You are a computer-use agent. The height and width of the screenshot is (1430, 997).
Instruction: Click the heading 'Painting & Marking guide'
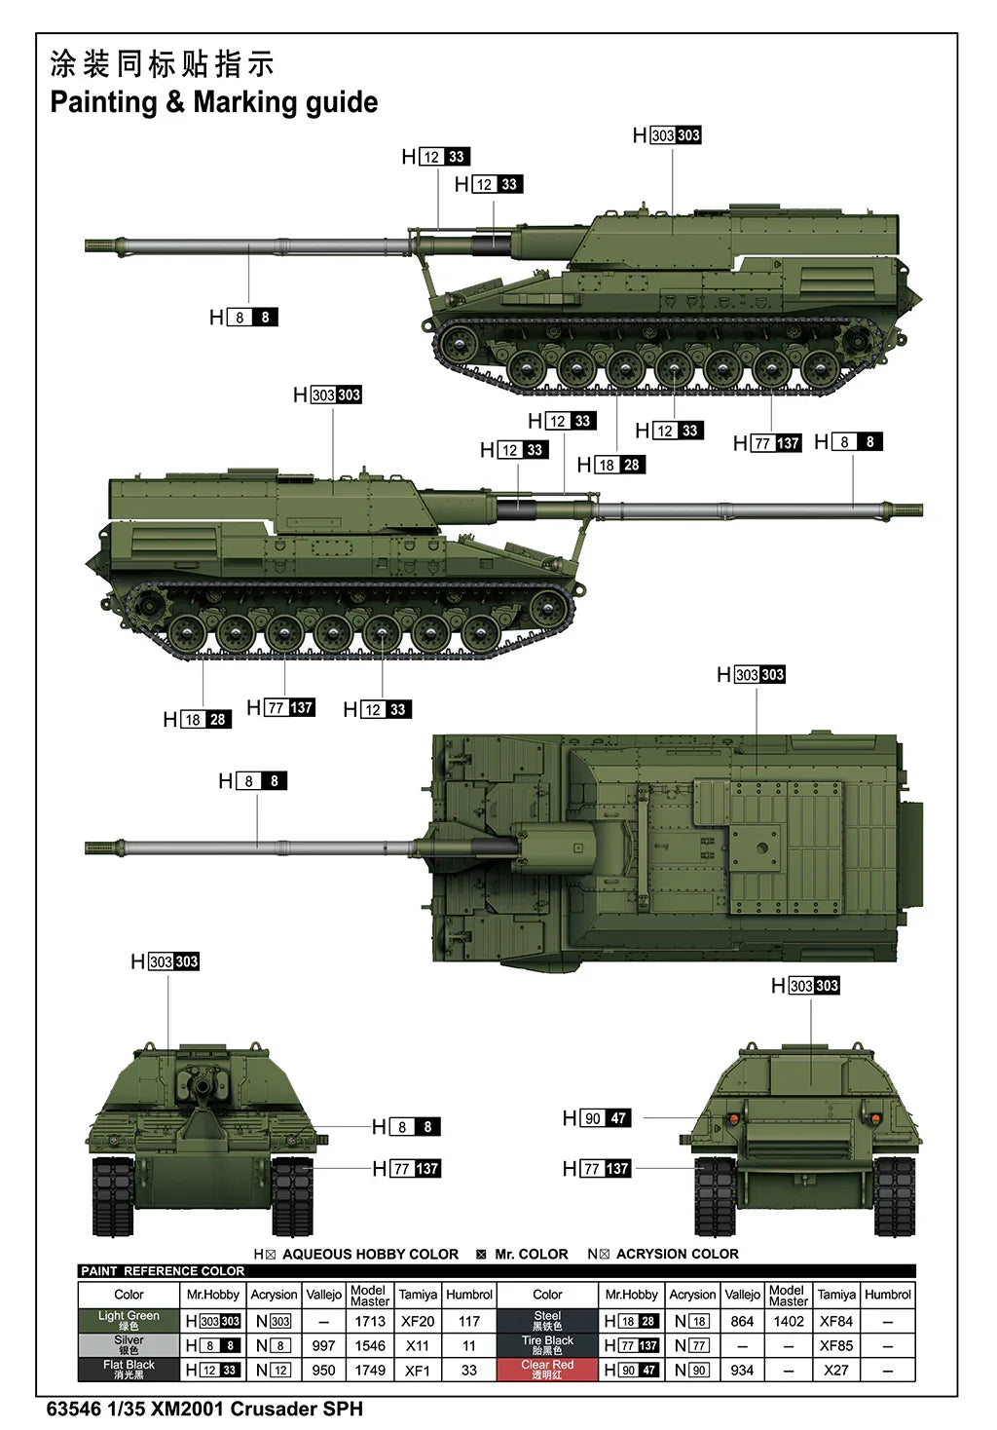(x=213, y=102)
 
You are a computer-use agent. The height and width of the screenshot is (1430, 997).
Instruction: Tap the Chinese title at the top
(x=162, y=64)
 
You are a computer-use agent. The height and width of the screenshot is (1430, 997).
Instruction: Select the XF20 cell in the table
(x=418, y=1321)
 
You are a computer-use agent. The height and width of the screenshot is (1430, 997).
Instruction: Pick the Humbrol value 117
(x=469, y=1321)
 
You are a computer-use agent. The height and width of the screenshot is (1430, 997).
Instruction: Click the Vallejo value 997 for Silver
(x=323, y=1345)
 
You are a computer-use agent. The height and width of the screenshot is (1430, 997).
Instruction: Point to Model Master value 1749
(x=370, y=1370)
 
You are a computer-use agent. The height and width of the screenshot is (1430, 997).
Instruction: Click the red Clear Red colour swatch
(x=547, y=1370)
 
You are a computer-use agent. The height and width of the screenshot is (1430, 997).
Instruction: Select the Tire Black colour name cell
(x=547, y=1345)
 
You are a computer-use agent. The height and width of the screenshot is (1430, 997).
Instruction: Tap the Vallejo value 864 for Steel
(x=742, y=1321)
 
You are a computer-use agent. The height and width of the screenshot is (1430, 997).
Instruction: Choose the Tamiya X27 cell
(x=836, y=1370)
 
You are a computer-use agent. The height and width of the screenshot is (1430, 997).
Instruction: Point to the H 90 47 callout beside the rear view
(x=597, y=1118)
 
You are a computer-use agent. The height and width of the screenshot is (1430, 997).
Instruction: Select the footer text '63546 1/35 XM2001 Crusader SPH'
(x=204, y=1409)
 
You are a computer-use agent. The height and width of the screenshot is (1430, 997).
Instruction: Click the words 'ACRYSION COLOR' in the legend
(x=677, y=1254)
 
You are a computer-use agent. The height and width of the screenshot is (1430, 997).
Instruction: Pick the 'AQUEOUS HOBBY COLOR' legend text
(x=370, y=1254)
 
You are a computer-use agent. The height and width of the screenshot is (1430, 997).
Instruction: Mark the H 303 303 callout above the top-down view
(x=751, y=675)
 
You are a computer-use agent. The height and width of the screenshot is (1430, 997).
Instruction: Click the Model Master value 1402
(x=789, y=1321)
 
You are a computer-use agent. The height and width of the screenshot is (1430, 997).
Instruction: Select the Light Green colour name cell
(x=129, y=1321)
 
